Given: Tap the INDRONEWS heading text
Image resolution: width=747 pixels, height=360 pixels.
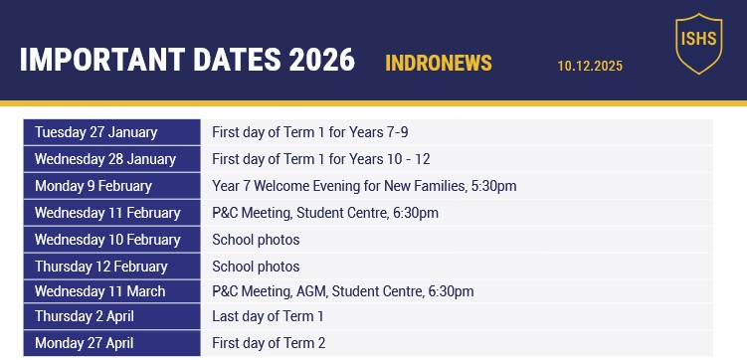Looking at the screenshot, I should [x=439, y=64].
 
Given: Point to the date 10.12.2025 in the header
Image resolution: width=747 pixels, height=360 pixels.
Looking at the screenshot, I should [x=590, y=67].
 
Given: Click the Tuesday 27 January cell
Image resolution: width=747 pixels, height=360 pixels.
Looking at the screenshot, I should [x=111, y=132].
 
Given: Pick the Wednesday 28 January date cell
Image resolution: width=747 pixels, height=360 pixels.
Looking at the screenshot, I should [x=111, y=159].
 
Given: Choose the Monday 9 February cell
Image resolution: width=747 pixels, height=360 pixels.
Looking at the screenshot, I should [x=111, y=186].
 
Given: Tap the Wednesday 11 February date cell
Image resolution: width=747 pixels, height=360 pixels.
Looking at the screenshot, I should [x=111, y=213].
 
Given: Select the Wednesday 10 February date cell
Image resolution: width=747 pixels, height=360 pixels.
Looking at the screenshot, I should [x=111, y=240].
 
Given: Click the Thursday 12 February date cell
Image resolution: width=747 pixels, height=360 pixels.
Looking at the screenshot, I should [x=111, y=267].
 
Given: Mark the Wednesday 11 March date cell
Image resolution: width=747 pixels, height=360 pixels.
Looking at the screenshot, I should [x=111, y=291].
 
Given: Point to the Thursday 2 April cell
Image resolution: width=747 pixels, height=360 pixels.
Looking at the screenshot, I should [x=111, y=316].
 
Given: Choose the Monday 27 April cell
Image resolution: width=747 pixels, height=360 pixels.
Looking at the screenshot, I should [x=111, y=343].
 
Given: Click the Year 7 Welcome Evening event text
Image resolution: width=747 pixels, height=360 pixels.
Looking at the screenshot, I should [x=364, y=186].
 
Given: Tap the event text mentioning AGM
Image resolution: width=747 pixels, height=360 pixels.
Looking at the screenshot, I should [x=342, y=291].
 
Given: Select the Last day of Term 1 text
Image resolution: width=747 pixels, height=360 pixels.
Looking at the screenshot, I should [x=268, y=316].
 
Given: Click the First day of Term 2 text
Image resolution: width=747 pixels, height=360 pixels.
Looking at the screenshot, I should [x=269, y=343].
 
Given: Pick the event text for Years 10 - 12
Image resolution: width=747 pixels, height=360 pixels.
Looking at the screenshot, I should [x=320, y=159].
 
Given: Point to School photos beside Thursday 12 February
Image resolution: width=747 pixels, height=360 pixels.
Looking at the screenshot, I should [x=256, y=267].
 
